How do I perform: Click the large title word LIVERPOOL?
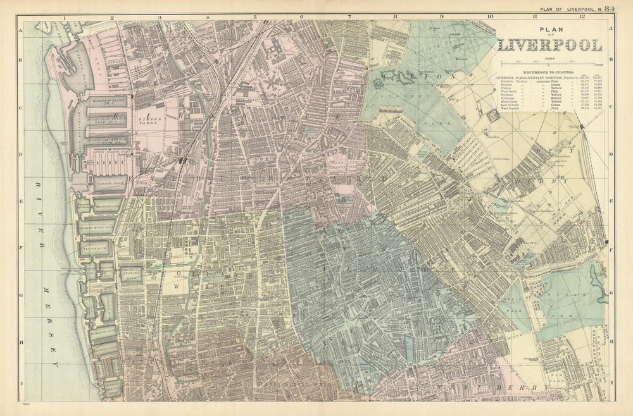pos(550,46)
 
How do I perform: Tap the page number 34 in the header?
pos(609,8)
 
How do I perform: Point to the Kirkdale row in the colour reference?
pos(510,82)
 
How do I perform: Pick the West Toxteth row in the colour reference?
pos(510,108)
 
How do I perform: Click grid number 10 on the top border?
pos(490,16)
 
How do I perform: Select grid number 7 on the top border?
pos(349,16)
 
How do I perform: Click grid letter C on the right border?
pos(610,107)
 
